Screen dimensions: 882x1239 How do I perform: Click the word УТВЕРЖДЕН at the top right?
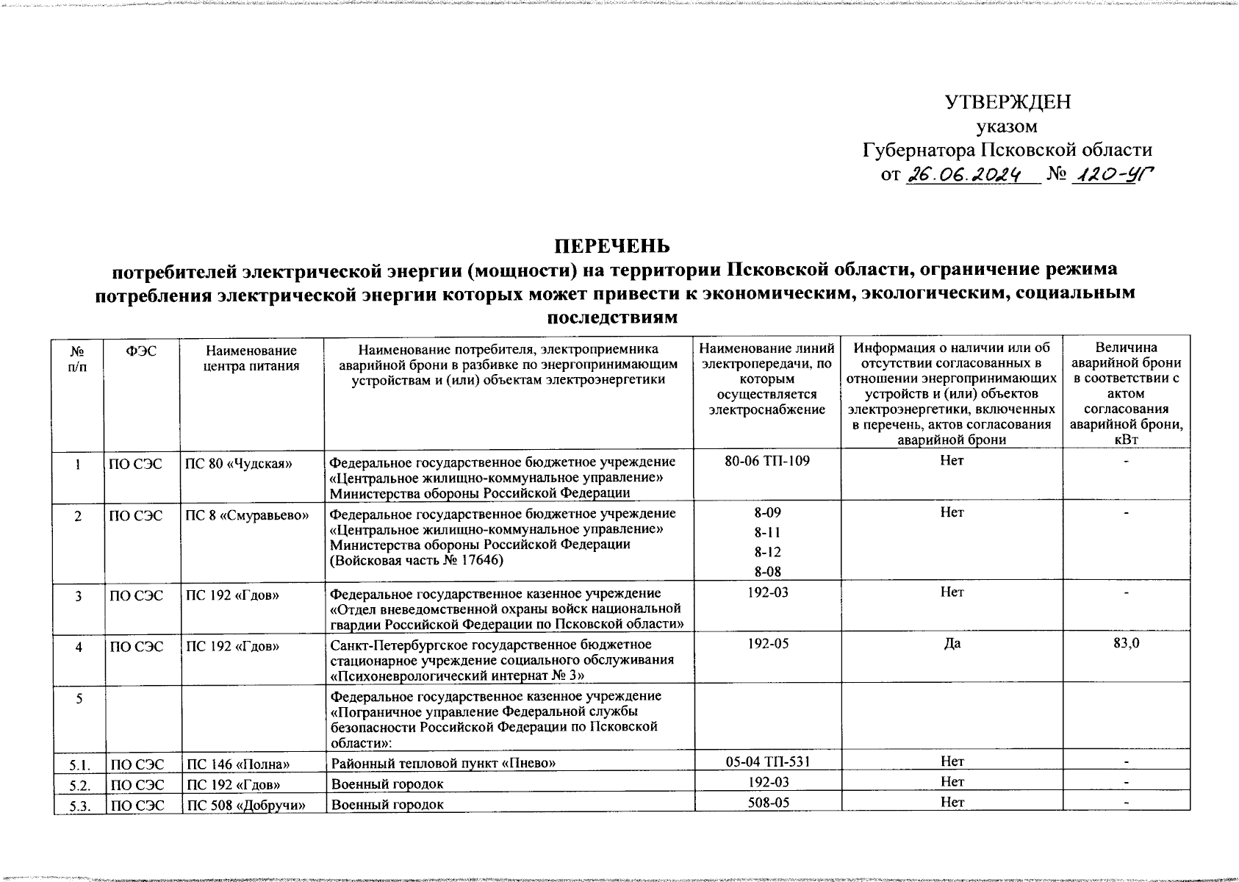[1007, 103]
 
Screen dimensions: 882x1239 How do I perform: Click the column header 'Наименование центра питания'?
[251, 358]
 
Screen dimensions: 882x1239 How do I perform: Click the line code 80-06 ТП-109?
[766, 461]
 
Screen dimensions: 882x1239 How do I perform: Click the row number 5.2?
[78, 784]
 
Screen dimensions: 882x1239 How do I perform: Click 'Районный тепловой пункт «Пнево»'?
[442, 764]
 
